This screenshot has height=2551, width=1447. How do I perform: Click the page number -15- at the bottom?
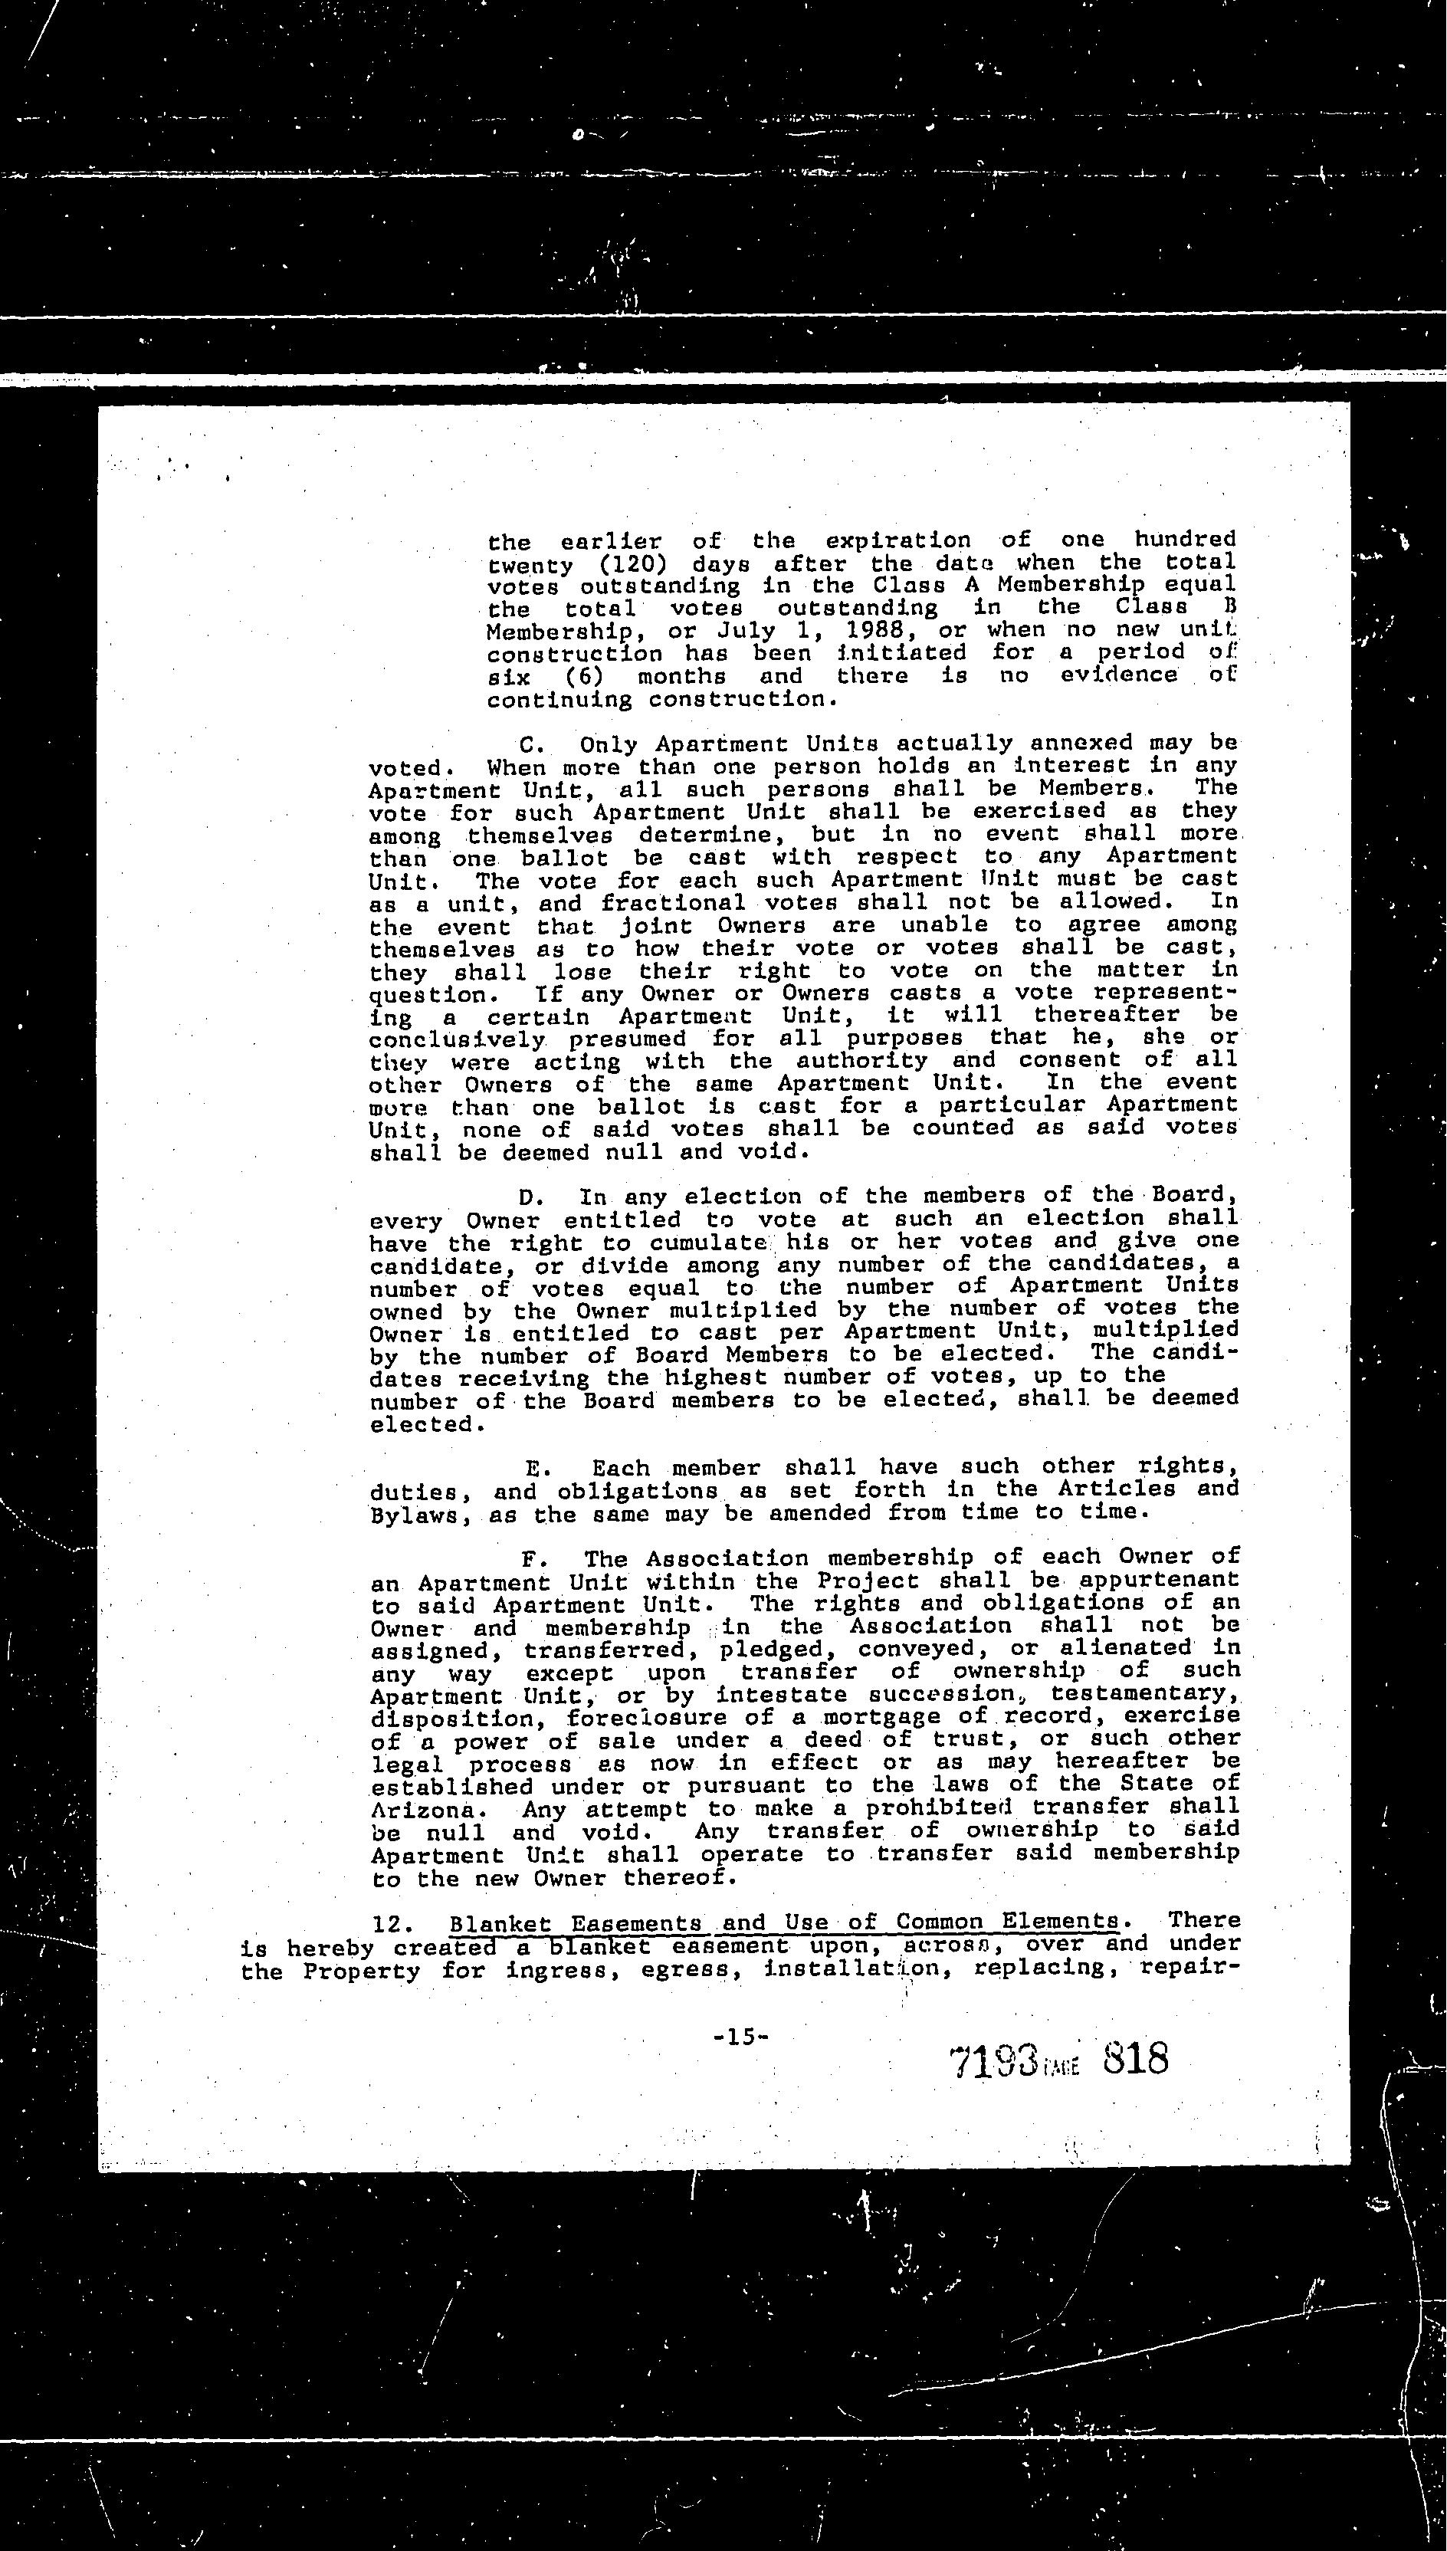point(740,2036)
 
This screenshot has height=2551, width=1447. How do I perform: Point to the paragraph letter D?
point(529,1197)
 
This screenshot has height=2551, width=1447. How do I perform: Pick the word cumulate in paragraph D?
point(707,1243)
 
